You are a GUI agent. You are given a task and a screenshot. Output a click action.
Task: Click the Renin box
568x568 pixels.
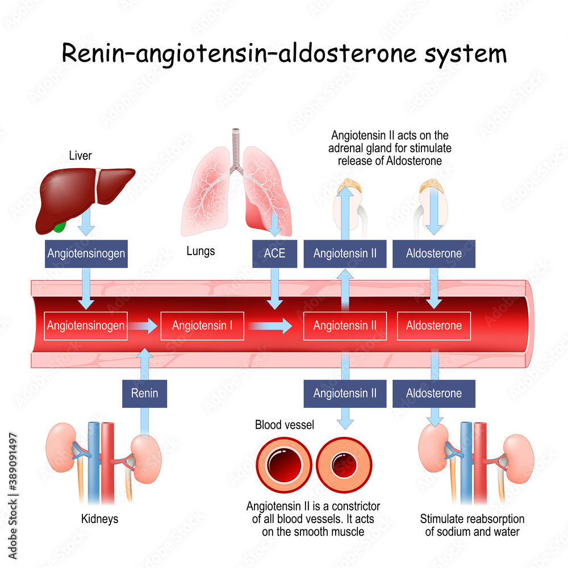(144, 393)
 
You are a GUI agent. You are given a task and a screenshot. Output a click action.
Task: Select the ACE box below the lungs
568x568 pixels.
(274, 253)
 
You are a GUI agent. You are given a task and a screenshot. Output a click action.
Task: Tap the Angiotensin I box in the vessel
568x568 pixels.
(202, 326)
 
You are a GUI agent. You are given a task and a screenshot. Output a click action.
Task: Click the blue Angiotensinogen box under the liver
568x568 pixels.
(86, 253)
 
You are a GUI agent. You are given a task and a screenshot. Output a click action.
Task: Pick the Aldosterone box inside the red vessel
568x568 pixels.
(434, 326)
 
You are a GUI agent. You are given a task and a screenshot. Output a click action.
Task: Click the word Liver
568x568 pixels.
(80, 155)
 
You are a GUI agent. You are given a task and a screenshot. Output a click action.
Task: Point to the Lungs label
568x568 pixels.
(201, 250)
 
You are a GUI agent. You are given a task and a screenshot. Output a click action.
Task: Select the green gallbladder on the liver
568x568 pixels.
(59, 227)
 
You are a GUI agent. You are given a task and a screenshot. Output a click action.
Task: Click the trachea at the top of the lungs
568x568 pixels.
(235, 145)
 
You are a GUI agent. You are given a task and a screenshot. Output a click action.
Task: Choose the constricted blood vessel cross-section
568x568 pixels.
(343, 466)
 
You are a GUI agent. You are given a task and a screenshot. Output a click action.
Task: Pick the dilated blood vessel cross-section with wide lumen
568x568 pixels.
(283, 466)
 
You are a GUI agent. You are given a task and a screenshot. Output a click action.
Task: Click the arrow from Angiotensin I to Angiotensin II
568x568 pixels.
(270, 326)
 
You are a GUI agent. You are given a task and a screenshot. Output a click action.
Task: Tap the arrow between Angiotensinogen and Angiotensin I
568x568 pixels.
(143, 326)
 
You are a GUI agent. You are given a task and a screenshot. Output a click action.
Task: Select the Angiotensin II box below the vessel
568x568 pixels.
(345, 393)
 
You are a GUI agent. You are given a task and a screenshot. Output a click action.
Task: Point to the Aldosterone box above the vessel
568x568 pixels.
(434, 253)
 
